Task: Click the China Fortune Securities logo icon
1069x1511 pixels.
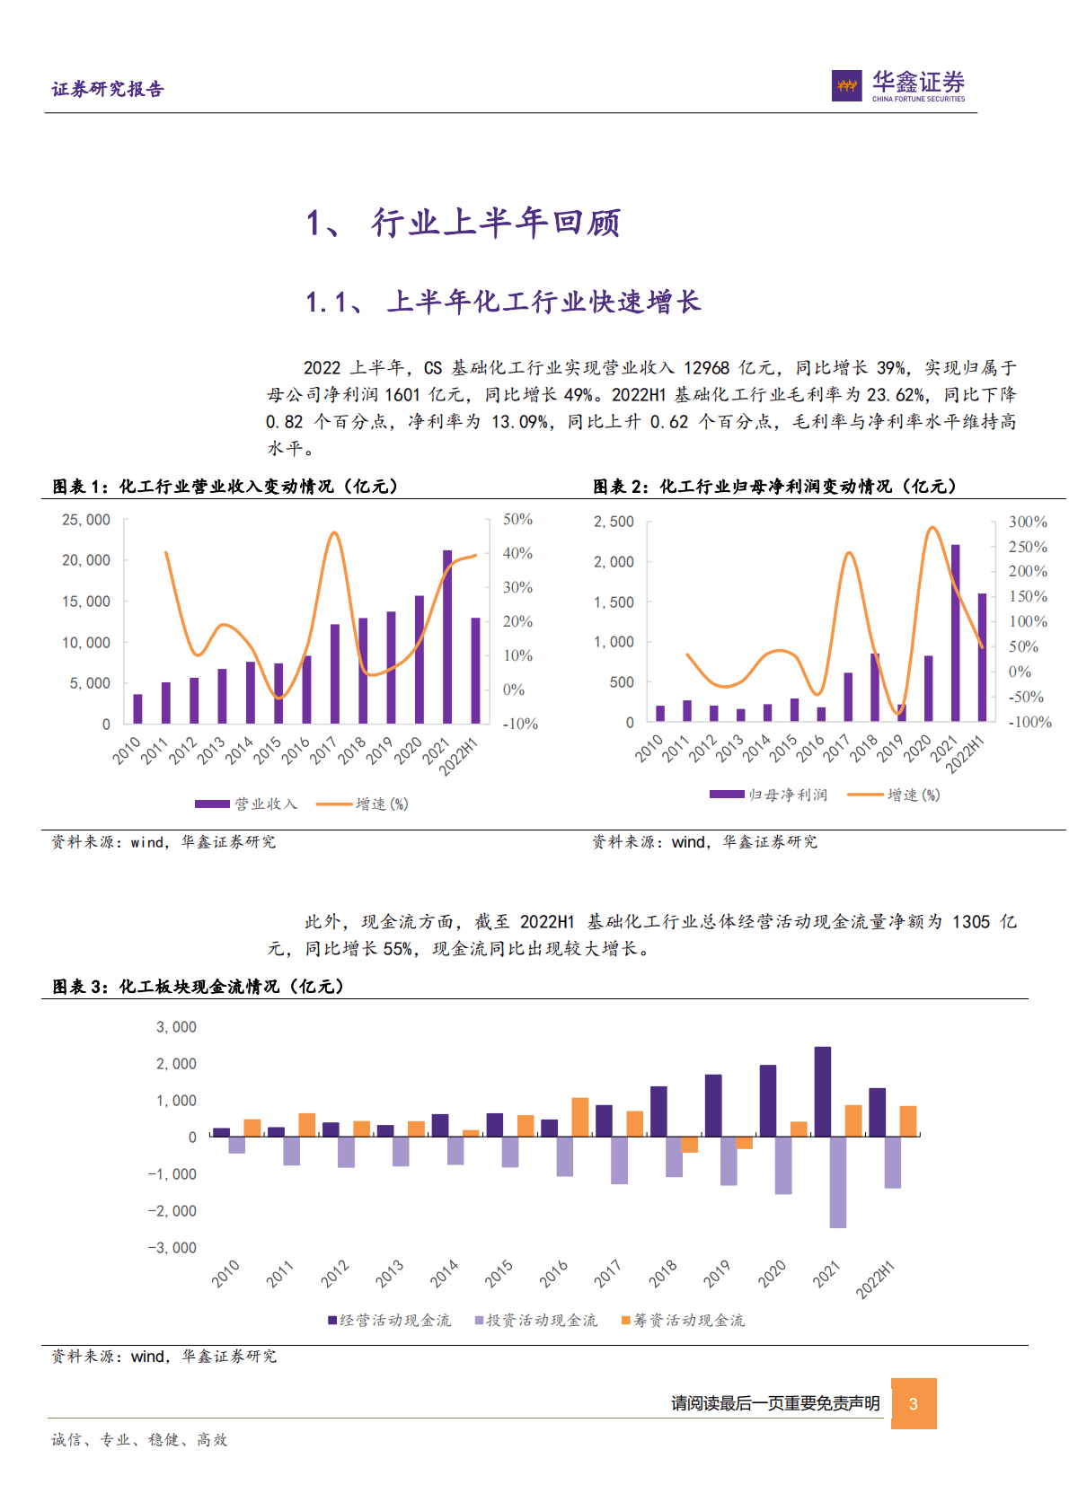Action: point(846,85)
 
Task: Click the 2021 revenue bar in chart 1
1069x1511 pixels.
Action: point(447,637)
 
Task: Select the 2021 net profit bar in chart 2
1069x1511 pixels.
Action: point(955,632)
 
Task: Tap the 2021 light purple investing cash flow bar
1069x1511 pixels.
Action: point(837,1182)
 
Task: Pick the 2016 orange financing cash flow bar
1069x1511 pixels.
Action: point(580,1117)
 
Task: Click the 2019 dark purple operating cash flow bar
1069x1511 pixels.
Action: point(713,1105)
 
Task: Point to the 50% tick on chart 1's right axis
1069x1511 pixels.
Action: point(517,519)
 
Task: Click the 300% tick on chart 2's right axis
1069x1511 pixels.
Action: point(1028,522)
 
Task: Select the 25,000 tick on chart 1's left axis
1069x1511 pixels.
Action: point(86,520)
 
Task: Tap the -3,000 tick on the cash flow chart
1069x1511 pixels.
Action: point(172,1248)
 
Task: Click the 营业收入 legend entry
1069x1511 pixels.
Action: point(246,804)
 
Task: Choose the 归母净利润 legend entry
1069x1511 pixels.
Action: point(769,795)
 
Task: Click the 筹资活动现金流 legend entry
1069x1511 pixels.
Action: point(683,1320)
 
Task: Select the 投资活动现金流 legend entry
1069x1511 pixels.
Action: point(535,1320)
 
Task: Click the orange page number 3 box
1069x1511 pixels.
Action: point(914,1403)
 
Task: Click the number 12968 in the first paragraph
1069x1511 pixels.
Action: point(706,368)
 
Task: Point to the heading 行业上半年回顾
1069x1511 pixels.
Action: point(496,223)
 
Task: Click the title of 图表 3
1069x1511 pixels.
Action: point(199,987)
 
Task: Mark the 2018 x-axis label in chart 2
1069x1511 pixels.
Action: point(863,748)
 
